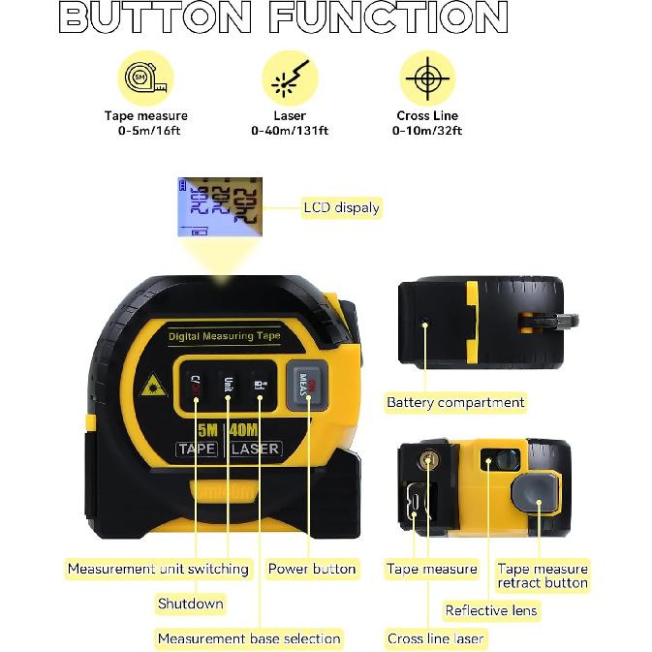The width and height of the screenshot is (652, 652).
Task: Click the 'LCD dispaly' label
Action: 341,207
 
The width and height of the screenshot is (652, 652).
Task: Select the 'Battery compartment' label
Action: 455,402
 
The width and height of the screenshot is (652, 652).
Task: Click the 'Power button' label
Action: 312,569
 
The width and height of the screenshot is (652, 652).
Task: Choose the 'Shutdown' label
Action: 190,604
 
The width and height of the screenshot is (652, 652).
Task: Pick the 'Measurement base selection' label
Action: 249,638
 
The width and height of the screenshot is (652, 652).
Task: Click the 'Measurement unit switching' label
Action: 158,569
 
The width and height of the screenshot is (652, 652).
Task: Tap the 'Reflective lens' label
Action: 491,610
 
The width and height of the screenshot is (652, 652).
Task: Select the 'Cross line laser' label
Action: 435,638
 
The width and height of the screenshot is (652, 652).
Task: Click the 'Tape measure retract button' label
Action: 542,575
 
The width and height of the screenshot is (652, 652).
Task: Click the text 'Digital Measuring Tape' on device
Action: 224,336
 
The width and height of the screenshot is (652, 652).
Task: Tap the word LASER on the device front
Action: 256,449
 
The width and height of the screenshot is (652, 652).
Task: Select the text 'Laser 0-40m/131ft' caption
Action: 290,123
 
